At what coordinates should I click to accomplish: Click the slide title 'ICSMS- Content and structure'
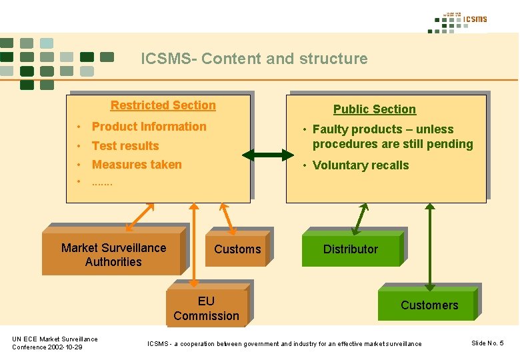point(254,59)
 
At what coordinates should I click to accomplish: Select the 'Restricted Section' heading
point(163,105)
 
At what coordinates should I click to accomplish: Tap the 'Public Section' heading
point(374,109)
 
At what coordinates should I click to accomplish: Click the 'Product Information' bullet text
point(149,127)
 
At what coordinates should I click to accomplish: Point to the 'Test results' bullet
point(125,146)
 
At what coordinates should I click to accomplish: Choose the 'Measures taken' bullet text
point(137,165)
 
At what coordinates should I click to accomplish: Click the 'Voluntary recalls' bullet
point(360,165)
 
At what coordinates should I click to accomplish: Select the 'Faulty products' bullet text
point(392,137)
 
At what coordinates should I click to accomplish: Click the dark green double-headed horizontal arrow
point(267,155)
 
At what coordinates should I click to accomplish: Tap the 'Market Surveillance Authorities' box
point(113,255)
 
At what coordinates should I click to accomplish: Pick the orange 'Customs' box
point(237,249)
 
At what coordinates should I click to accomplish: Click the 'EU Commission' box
point(206,309)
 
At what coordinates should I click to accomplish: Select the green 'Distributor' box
point(351,249)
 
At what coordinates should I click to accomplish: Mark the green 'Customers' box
point(429,305)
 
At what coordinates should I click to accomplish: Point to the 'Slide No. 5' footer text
point(487,343)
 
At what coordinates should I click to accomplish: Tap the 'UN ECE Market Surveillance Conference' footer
point(55,343)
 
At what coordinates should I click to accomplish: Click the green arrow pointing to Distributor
point(360,218)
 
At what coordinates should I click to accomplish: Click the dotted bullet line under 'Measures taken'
point(102,182)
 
